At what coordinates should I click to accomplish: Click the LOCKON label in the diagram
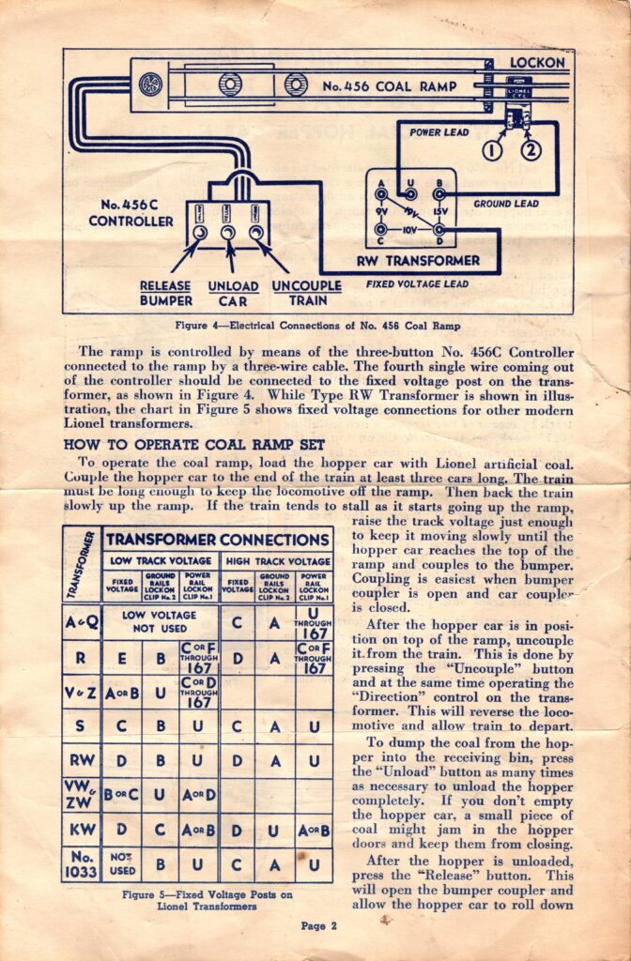[537, 63]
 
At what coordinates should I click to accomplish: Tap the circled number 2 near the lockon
[531, 149]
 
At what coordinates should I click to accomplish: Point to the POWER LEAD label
[439, 132]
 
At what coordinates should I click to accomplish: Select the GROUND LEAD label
[505, 203]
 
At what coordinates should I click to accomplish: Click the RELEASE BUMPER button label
[165, 293]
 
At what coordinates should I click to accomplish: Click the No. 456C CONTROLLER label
[131, 213]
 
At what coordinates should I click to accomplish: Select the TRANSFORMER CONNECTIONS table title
[217, 540]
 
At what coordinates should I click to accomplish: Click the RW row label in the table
[83, 760]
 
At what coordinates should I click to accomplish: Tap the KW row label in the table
[83, 830]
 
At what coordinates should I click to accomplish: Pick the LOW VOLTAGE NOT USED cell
[160, 621]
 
